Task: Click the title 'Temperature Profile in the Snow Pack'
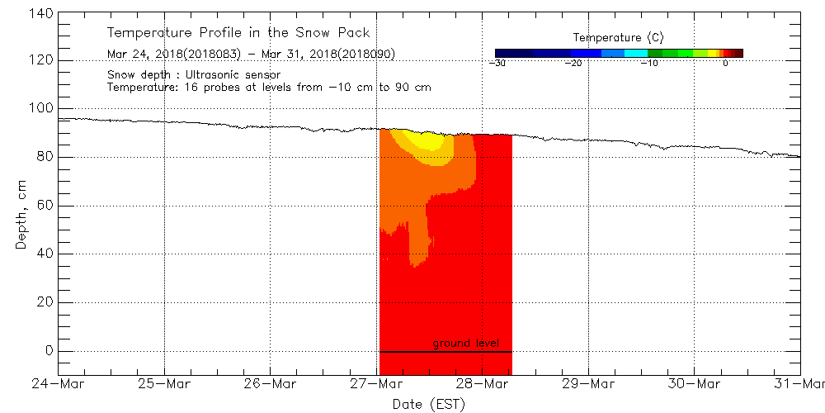pyautogui.click(x=238, y=33)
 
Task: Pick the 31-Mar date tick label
pyautogui.click(x=801, y=383)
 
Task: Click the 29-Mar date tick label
pyautogui.click(x=588, y=383)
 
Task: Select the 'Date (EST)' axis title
pyautogui.click(x=429, y=404)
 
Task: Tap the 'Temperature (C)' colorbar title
pyautogui.click(x=618, y=37)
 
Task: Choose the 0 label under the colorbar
pyautogui.click(x=724, y=63)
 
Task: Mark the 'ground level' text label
pyautogui.click(x=465, y=343)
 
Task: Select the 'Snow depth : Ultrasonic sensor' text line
pyautogui.click(x=194, y=74)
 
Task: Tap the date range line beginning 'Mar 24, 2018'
pyautogui.click(x=251, y=55)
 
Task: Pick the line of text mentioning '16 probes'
pyautogui.click(x=269, y=87)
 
